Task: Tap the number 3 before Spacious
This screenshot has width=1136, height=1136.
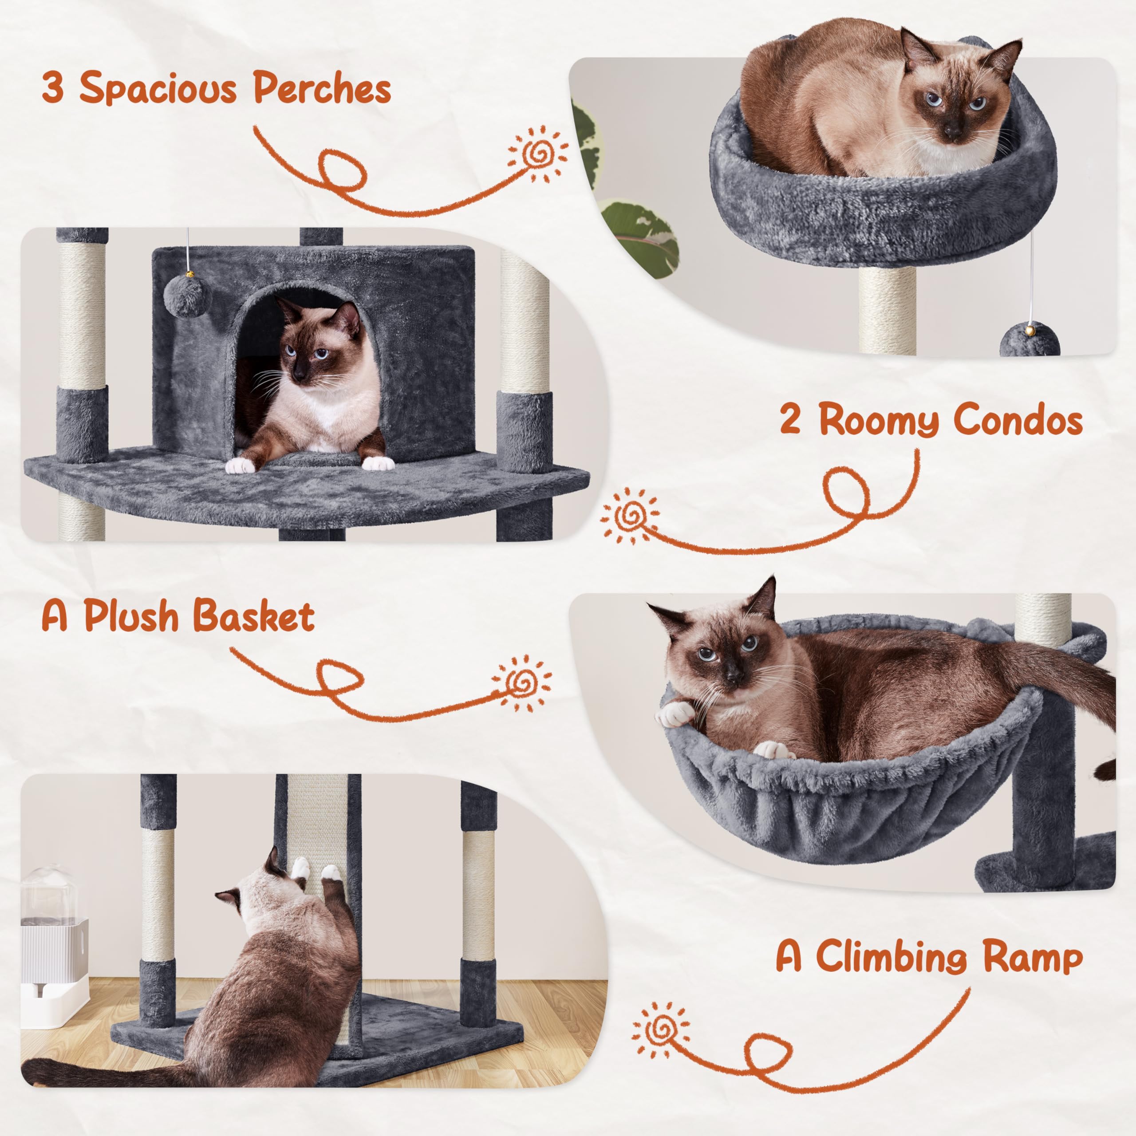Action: point(53,88)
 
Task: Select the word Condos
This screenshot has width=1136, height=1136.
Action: point(1018,421)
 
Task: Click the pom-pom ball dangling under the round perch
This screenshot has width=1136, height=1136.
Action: point(1029,340)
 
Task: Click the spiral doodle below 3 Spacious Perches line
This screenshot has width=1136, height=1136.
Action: point(538,154)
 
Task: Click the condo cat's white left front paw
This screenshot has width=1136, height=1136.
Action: point(241,465)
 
